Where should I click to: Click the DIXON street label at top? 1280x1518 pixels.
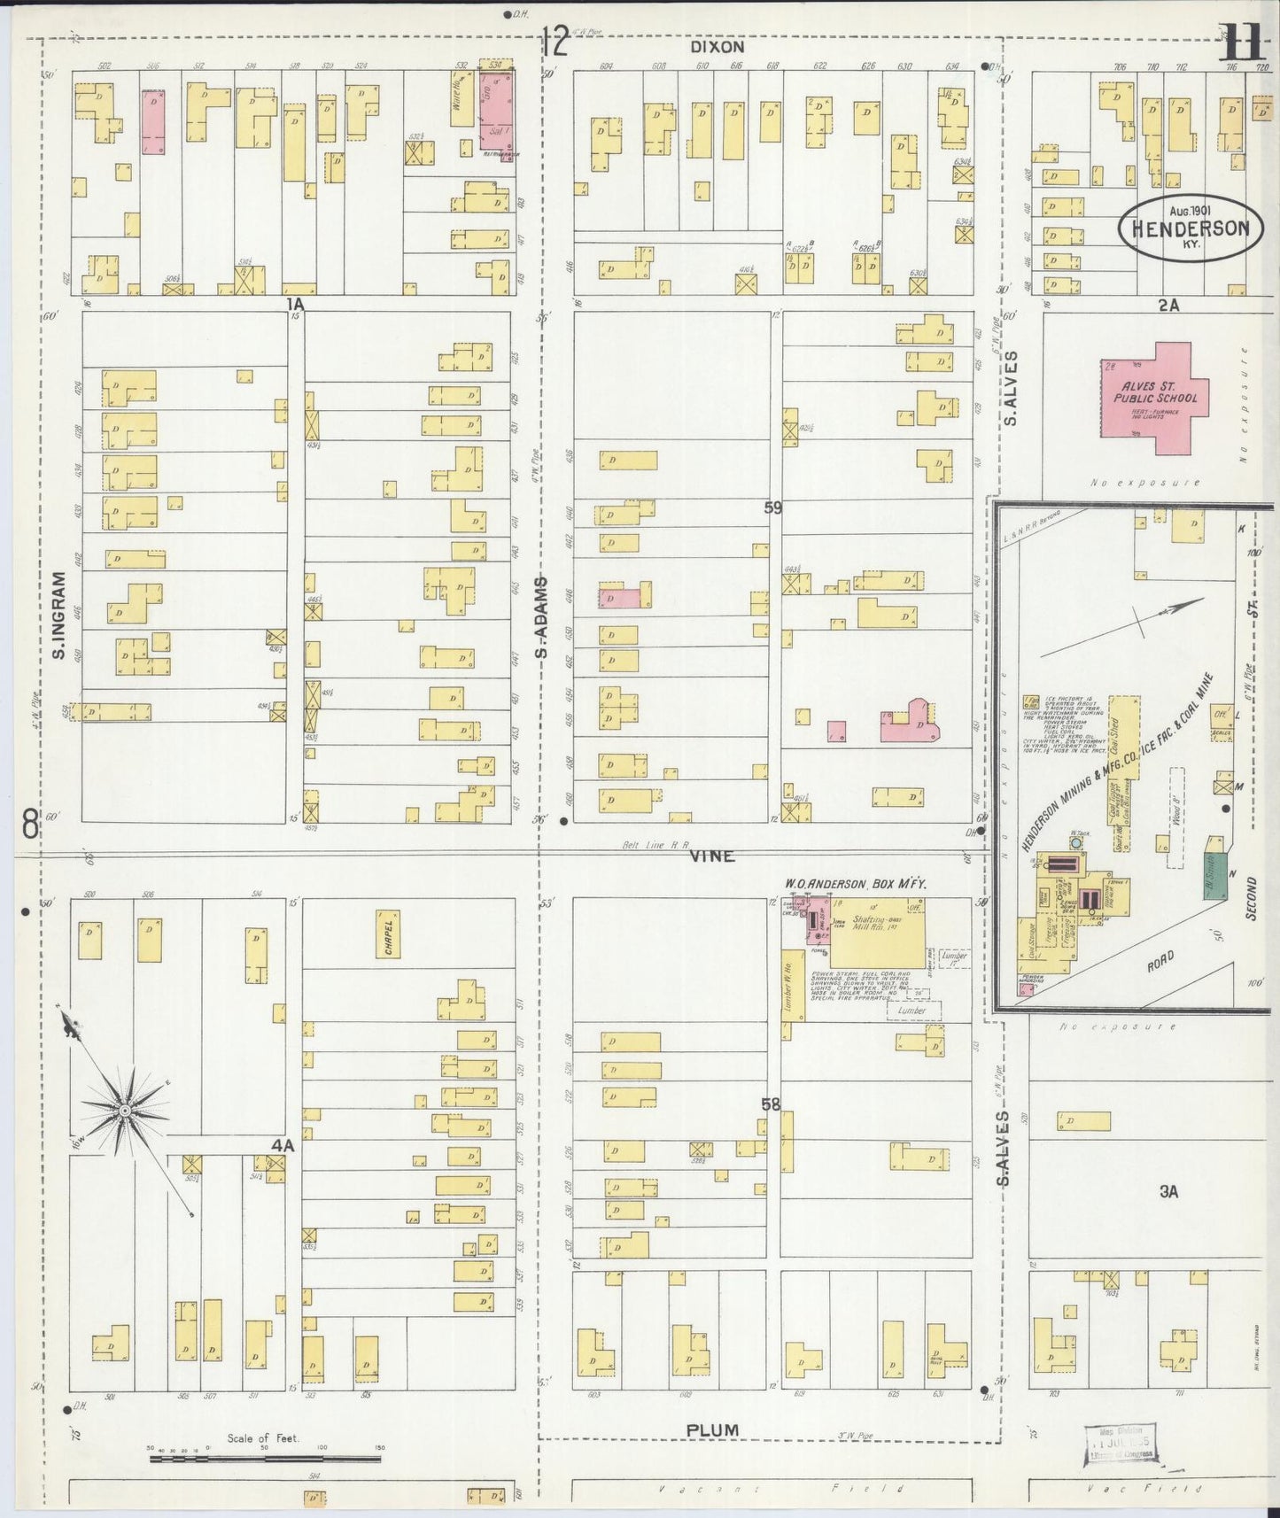[x=718, y=46]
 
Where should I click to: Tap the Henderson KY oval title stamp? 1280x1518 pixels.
[x=1184, y=228]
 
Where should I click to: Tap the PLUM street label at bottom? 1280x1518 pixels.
[x=713, y=1429]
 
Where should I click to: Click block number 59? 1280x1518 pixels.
[x=773, y=508]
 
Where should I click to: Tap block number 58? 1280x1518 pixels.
[x=772, y=1104]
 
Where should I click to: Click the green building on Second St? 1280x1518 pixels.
[x=1216, y=876]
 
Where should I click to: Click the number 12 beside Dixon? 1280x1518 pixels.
[x=555, y=42]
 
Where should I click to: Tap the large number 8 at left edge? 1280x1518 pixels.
[x=31, y=825]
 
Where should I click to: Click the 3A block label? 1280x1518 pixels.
[x=1169, y=1192]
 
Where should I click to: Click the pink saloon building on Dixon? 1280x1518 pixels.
[x=496, y=110]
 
